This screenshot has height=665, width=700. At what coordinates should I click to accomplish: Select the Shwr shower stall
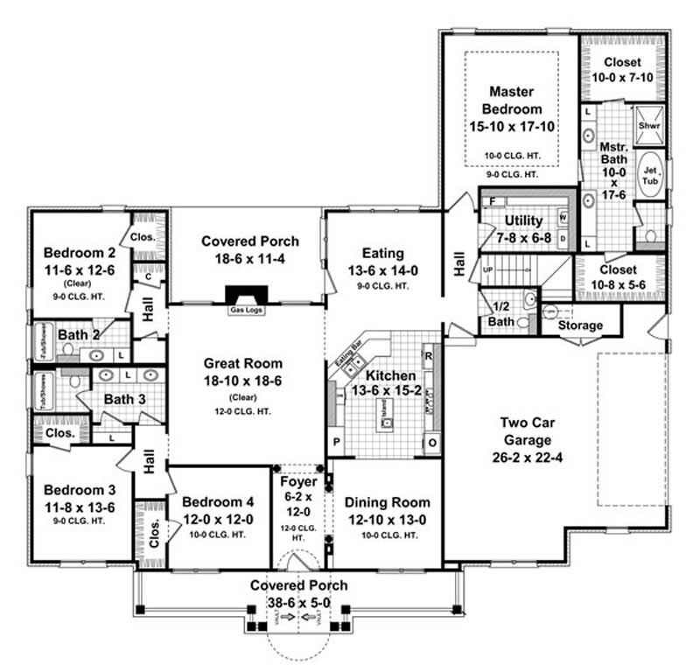click(648, 126)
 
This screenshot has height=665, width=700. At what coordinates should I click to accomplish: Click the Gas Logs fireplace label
click(241, 310)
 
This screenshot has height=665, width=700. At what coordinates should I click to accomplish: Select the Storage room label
click(581, 325)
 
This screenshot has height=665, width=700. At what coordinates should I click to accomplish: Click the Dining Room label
click(387, 502)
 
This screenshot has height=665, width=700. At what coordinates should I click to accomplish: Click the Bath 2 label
click(77, 334)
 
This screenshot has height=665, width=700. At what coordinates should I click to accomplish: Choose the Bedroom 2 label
click(80, 255)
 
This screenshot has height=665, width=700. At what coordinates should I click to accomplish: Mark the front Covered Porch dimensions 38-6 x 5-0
click(298, 603)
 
